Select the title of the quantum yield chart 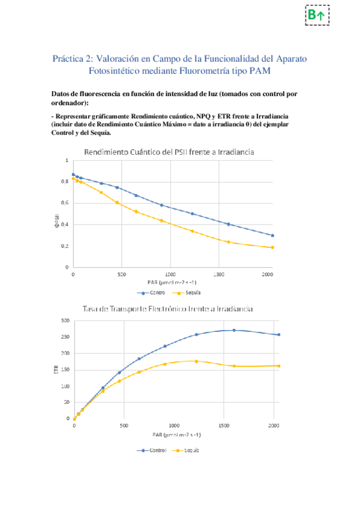click(x=170, y=152)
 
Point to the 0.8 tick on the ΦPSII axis click(x=65, y=181)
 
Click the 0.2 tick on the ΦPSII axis click(x=65, y=246)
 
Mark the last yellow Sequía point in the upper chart click(x=272, y=247)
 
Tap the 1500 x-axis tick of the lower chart click(x=224, y=426)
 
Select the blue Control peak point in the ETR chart click(x=234, y=330)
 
